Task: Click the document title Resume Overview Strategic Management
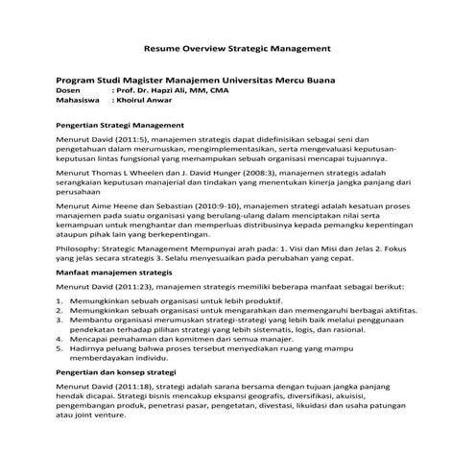[x=237, y=45]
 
